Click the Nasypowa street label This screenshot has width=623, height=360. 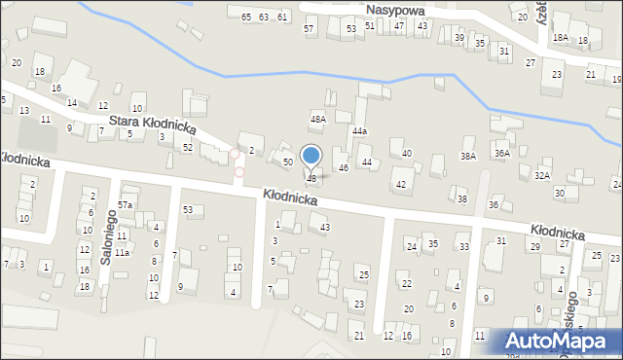tap(399, 9)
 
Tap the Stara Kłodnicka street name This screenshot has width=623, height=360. tap(153, 124)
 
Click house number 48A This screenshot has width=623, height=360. tap(317, 119)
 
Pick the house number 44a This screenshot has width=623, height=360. tap(360, 130)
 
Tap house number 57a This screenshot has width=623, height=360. tap(126, 204)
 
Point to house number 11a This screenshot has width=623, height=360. tap(122, 252)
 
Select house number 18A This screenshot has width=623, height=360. tap(560, 37)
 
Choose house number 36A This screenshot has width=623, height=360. tap(501, 153)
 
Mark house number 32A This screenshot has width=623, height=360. tap(542, 176)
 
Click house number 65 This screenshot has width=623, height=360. tap(246, 18)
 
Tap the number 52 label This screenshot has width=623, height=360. tap(187, 147)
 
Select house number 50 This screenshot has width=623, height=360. tap(287, 162)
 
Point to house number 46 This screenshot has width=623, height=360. tap(343, 168)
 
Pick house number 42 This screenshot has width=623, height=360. tap(400, 184)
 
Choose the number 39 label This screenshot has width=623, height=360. tap(459, 37)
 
